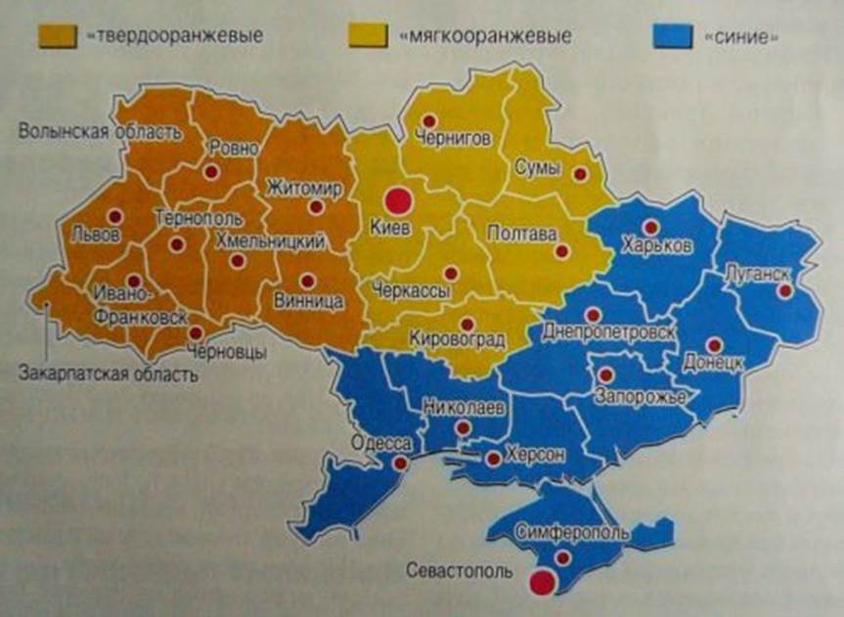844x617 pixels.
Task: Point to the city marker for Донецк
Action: coord(713,344)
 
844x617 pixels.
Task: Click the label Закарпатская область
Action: coord(108,374)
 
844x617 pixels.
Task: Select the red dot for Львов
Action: coord(114,217)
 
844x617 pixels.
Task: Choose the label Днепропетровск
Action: coord(607,331)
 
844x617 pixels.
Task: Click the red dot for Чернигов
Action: coord(428,121)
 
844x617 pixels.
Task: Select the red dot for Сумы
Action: coord(580,174)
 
